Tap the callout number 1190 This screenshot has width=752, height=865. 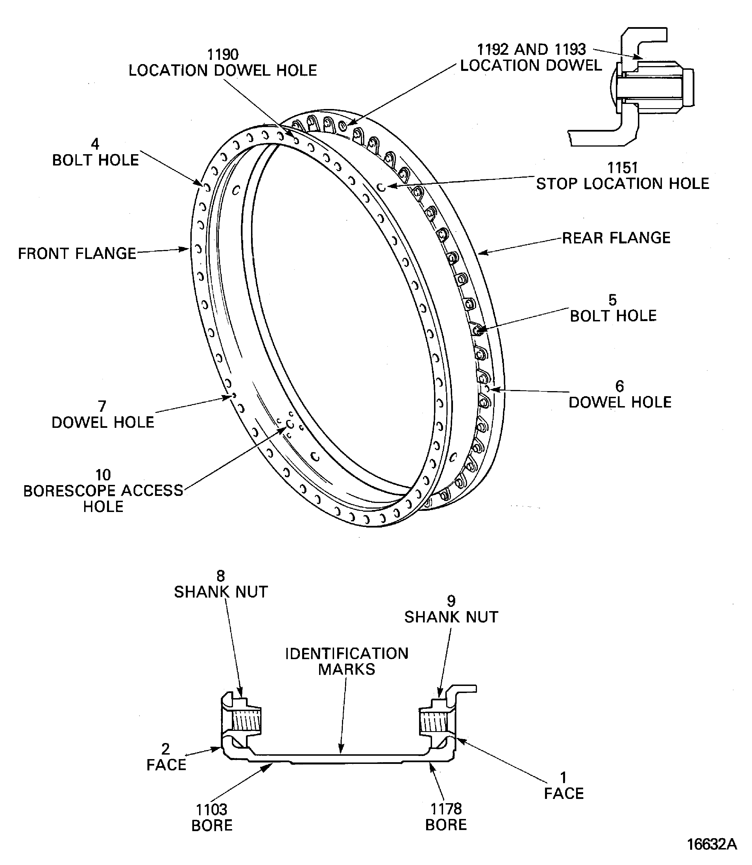223,54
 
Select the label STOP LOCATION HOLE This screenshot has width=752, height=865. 622,183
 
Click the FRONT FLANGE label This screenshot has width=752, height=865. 77,254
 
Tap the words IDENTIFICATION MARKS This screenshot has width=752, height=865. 346,661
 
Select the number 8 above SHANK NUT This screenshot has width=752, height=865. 221,576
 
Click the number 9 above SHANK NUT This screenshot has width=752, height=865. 451,601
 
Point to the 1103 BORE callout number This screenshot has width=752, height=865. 212,809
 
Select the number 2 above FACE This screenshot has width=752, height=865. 166,749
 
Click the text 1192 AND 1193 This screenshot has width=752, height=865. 531,49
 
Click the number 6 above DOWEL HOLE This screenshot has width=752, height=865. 619,386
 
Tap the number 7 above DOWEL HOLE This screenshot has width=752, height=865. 102,406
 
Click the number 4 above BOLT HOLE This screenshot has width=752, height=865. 95,144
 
